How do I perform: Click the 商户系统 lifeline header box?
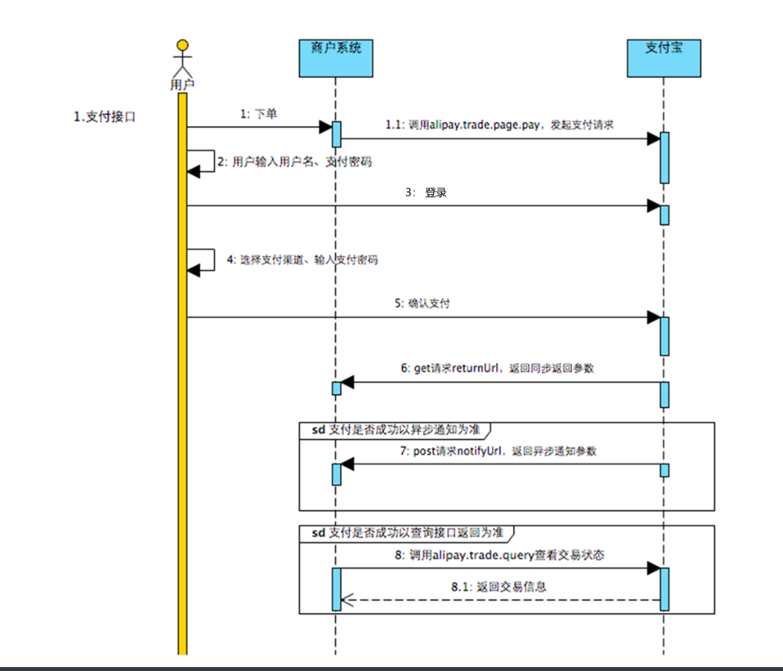click(x=336, y=57)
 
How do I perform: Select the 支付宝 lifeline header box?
click(x=663, y=57)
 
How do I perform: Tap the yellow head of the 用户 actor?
click(x=182, y=44)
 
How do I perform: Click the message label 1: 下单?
click(x=259, y=114)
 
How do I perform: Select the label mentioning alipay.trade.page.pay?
click(x=501, y=124)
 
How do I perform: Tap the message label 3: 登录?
click(x=426, y=193)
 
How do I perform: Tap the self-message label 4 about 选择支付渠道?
click(x=302, y=259)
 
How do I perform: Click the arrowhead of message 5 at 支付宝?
click(x=653, y=317)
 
